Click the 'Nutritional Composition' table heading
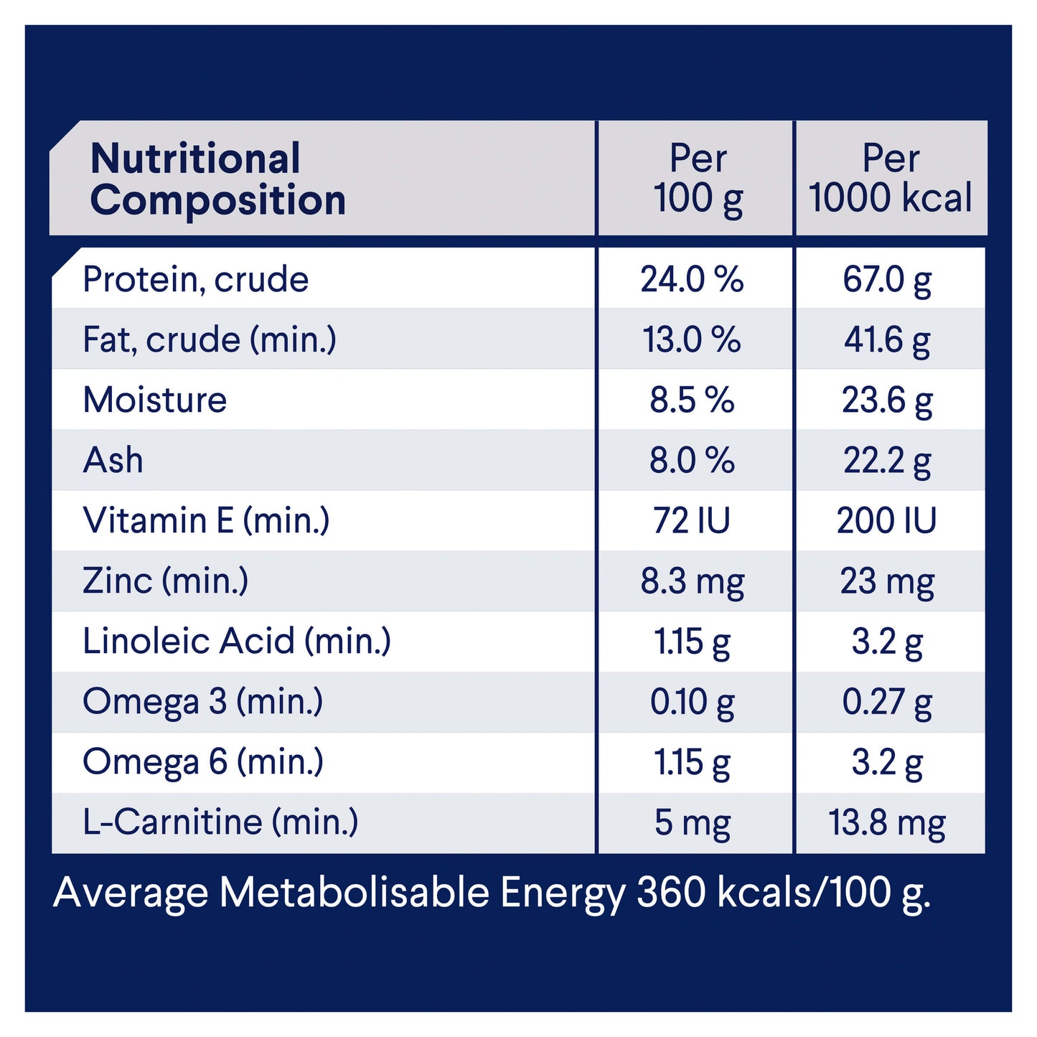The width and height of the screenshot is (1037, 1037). coord(217,179)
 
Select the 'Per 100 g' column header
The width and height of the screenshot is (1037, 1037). coord(698,179)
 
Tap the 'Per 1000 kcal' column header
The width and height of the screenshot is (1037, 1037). coord(890,179)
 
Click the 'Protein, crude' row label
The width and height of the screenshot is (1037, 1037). coord(195,279)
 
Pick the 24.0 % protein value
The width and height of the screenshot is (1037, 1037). coord(692,279)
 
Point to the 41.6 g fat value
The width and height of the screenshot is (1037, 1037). coord(887,339)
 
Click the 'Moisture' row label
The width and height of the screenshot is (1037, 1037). coord(155,400)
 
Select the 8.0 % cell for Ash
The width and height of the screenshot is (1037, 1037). coord(692,460)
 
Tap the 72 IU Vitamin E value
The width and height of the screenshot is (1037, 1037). coord(692,520)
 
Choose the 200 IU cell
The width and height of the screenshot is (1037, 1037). coord(887,520)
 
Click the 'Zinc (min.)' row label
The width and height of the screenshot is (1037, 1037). coord(166,581)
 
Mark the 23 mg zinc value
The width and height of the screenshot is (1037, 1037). coord(887,581)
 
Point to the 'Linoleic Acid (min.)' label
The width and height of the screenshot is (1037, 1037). coord(237,641)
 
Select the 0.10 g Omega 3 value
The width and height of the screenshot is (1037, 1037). coord(692,702)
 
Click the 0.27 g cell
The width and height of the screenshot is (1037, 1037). coord(887,702)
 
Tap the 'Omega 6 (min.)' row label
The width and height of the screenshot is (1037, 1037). coord(203,762)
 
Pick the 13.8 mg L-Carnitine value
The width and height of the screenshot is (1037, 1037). coord(887,822)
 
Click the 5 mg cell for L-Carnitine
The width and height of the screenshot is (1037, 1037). coord(692,822)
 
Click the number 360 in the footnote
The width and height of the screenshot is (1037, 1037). coord(672,893)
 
